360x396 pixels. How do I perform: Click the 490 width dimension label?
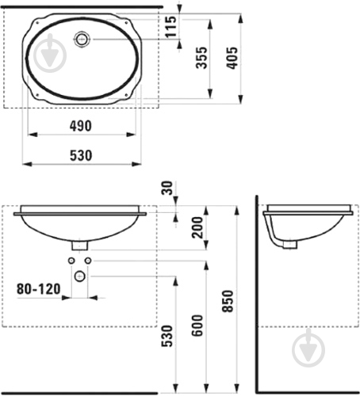click(81, 126)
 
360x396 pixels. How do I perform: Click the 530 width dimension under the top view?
click(81, 155)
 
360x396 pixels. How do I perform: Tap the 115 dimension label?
click(170, 27)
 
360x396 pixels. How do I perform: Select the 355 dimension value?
click(201, 58)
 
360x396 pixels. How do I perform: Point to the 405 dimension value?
click(232, 58)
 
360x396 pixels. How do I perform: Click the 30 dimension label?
click(167, 188)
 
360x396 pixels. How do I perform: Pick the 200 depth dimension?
click(197, 227)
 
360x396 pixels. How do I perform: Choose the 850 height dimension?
click(228, 301)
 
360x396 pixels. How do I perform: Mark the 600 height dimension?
click(197, 326)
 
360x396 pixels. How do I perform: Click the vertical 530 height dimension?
click(167, 336)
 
